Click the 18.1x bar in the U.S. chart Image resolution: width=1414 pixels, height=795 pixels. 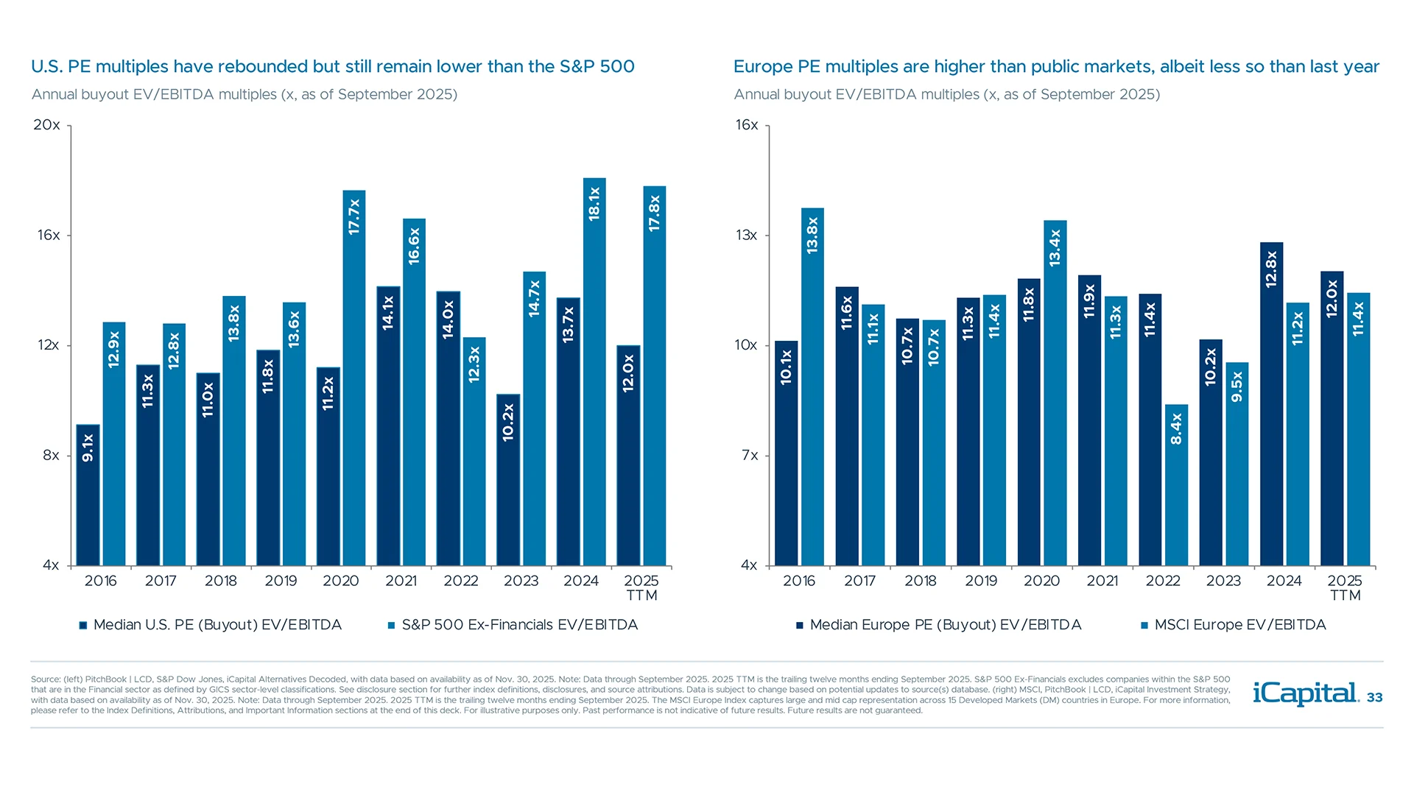(x=594, y=372)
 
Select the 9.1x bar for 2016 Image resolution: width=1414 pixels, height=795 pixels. (x=88, y=495)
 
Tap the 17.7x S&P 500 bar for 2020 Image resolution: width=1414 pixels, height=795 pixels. (x=354, y=378)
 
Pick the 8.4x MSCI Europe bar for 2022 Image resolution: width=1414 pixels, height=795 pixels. (x=1176, y=485)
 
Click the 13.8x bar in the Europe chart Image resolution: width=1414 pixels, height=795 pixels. (x=812, y=386)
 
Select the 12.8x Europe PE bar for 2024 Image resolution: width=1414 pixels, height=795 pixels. (x=1271, y=403)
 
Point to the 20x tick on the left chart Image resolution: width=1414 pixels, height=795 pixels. (x=47, y=124)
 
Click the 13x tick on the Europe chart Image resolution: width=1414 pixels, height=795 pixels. (x=746, y=235)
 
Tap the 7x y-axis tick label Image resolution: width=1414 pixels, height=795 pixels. (x=749, y=455)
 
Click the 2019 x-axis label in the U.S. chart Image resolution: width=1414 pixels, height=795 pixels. (x=281, y=581)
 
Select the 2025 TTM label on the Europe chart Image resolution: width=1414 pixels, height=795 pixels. (x=1345, y=587)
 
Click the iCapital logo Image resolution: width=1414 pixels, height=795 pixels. (x=1305, y=693)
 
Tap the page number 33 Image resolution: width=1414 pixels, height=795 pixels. (x=1374, y=697)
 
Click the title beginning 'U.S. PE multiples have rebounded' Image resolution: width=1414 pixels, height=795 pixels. (x=332, y=66)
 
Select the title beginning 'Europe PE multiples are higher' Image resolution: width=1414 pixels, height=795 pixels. (x=1055, y=66)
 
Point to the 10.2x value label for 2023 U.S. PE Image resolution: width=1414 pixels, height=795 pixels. (x=508, y=423)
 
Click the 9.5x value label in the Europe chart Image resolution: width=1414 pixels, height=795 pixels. (x=1237, y=386)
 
